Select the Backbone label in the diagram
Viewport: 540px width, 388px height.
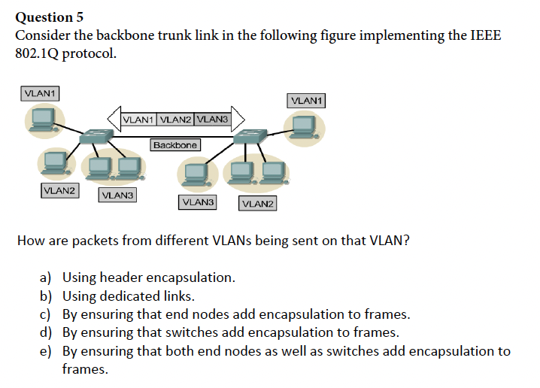tap(175, 144)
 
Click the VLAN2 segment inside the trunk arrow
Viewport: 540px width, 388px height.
tap(176, 119)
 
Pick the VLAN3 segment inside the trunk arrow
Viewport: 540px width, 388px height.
tap(213, 119)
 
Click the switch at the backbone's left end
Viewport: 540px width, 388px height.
tap(97, 137)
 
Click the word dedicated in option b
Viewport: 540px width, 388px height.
tap(133, 296)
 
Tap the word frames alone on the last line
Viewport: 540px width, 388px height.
tap(84, 369)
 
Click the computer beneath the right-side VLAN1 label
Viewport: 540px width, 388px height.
tap(304, 126)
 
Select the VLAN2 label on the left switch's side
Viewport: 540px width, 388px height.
tap(59, 190)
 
